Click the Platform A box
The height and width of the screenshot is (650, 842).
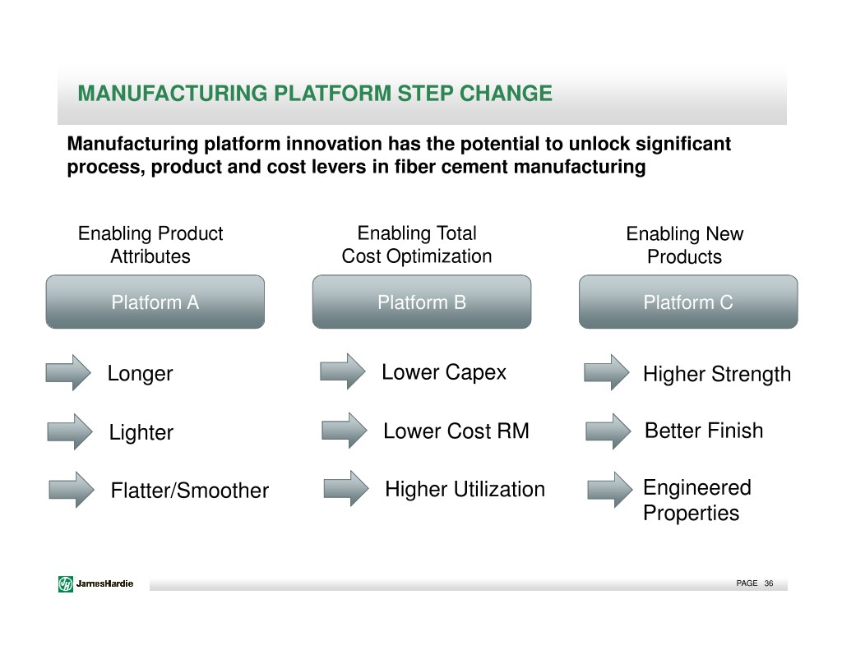pos(155,302)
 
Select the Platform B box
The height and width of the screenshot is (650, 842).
pos(422,302)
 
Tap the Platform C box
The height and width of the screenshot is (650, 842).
pos(688,302)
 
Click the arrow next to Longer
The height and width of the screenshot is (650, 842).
pos(68,372)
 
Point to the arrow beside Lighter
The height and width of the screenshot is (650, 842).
pos(70,431)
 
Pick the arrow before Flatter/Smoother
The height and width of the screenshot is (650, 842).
pos(72,490)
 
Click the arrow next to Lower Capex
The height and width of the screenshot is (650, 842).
pos(343,371)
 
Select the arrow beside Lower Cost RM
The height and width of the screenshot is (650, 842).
pos(345,431)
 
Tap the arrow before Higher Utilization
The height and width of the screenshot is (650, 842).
pos(346,488)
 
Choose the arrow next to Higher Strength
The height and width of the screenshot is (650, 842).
pos(607,372)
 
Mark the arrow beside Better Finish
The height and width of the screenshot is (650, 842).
pos(608,431)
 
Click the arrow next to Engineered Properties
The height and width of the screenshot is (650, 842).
pos(610,490)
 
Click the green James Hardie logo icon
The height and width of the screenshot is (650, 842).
pos(66,583)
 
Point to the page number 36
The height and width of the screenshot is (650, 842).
pos(769,583)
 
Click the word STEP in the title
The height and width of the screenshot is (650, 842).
pos(424,94)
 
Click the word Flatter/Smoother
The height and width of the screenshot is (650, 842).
pos(190,490)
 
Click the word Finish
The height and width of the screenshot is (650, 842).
pos(736,431)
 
